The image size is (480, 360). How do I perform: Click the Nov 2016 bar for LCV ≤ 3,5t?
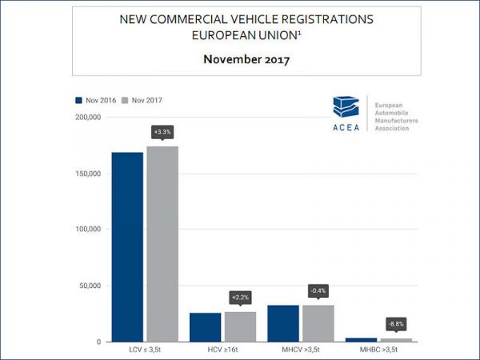(x=127, y=246)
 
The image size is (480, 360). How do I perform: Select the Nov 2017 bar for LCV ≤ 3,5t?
(x=162, y=244)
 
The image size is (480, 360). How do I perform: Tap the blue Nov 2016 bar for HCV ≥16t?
(x=205, y=326)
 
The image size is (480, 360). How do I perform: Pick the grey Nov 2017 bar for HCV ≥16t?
(x=240, y=326)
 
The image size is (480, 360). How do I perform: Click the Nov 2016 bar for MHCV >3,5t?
(x=283, y=323)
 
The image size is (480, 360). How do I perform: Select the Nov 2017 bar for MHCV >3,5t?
(x=318, y=323)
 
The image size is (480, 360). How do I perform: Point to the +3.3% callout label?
(x=162, y=131)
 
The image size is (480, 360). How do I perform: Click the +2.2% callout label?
(x=241, y=298)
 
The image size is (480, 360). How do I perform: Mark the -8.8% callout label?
(x=397, y=324)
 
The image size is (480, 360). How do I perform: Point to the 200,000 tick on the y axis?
(x=87, y=117)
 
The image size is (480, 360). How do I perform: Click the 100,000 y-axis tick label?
(x=87, y=229)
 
